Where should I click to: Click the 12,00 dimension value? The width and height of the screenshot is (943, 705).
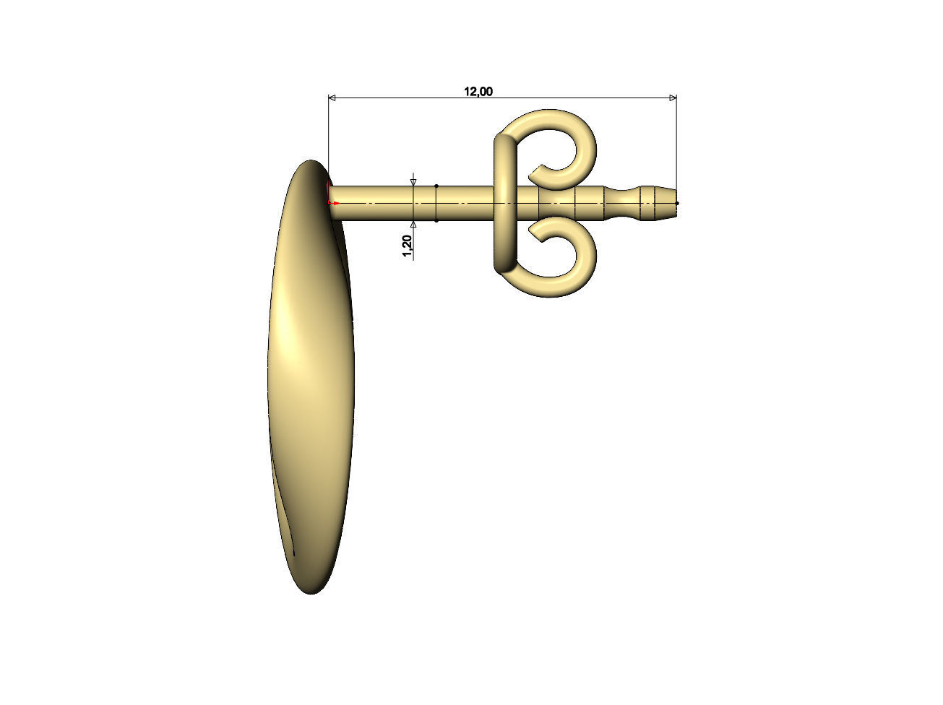(478, 91)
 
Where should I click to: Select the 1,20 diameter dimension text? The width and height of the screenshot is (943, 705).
(407, 246)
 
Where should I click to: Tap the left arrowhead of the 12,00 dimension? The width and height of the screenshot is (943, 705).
(332, 98)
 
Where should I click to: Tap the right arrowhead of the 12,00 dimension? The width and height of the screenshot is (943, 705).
(673, 98)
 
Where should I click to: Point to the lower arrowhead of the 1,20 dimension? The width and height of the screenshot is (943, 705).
(413, 225)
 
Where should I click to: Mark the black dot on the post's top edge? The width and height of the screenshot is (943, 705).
(436, 186)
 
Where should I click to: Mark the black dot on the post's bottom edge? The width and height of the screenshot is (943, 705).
(436, 220)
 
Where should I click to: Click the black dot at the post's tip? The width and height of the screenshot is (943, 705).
(676, 203)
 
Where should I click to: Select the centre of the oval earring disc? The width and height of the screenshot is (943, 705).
(311, 376)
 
